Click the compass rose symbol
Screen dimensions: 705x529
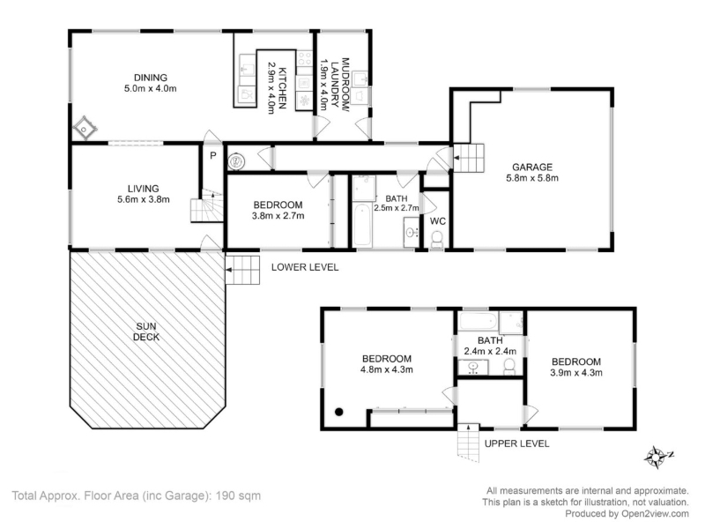657,458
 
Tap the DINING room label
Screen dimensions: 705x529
151,78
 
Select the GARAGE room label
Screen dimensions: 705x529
532,168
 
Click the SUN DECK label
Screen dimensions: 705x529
146,332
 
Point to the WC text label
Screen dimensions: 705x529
437,221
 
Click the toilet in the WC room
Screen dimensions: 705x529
437,240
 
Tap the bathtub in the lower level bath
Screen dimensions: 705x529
362,226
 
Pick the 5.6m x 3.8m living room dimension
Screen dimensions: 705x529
144,200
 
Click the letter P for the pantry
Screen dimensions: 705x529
213,156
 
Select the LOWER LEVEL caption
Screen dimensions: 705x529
305,267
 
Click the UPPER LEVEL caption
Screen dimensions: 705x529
516,444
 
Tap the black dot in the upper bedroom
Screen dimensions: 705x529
339,412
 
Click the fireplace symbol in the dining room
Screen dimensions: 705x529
85,129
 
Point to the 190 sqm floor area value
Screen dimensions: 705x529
238,495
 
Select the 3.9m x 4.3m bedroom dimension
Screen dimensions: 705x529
576,372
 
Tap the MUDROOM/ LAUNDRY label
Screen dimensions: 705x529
339,82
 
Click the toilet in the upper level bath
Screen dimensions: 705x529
509,366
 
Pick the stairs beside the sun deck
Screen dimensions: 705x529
242,270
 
